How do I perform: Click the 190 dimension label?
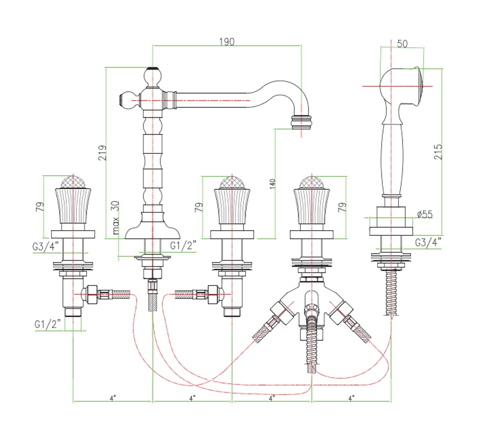tap(227, 41)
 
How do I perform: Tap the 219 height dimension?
tap(103, 152)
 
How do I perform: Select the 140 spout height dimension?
tap(273, 184)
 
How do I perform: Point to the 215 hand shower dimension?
tap(438, 151)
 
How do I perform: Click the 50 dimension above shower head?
tap(402, 44)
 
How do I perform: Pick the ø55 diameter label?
tap(425, 214)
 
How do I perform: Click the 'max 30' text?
tap(115, 217)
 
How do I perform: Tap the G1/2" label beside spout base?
tap(183, 245)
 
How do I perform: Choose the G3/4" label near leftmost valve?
tap(45, 246)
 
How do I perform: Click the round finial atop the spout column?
tap(152, 77)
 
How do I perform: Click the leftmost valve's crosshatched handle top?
tap(73, 183)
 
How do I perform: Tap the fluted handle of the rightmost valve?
tap(312, 207)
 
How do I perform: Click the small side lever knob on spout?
tap(125, 100)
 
